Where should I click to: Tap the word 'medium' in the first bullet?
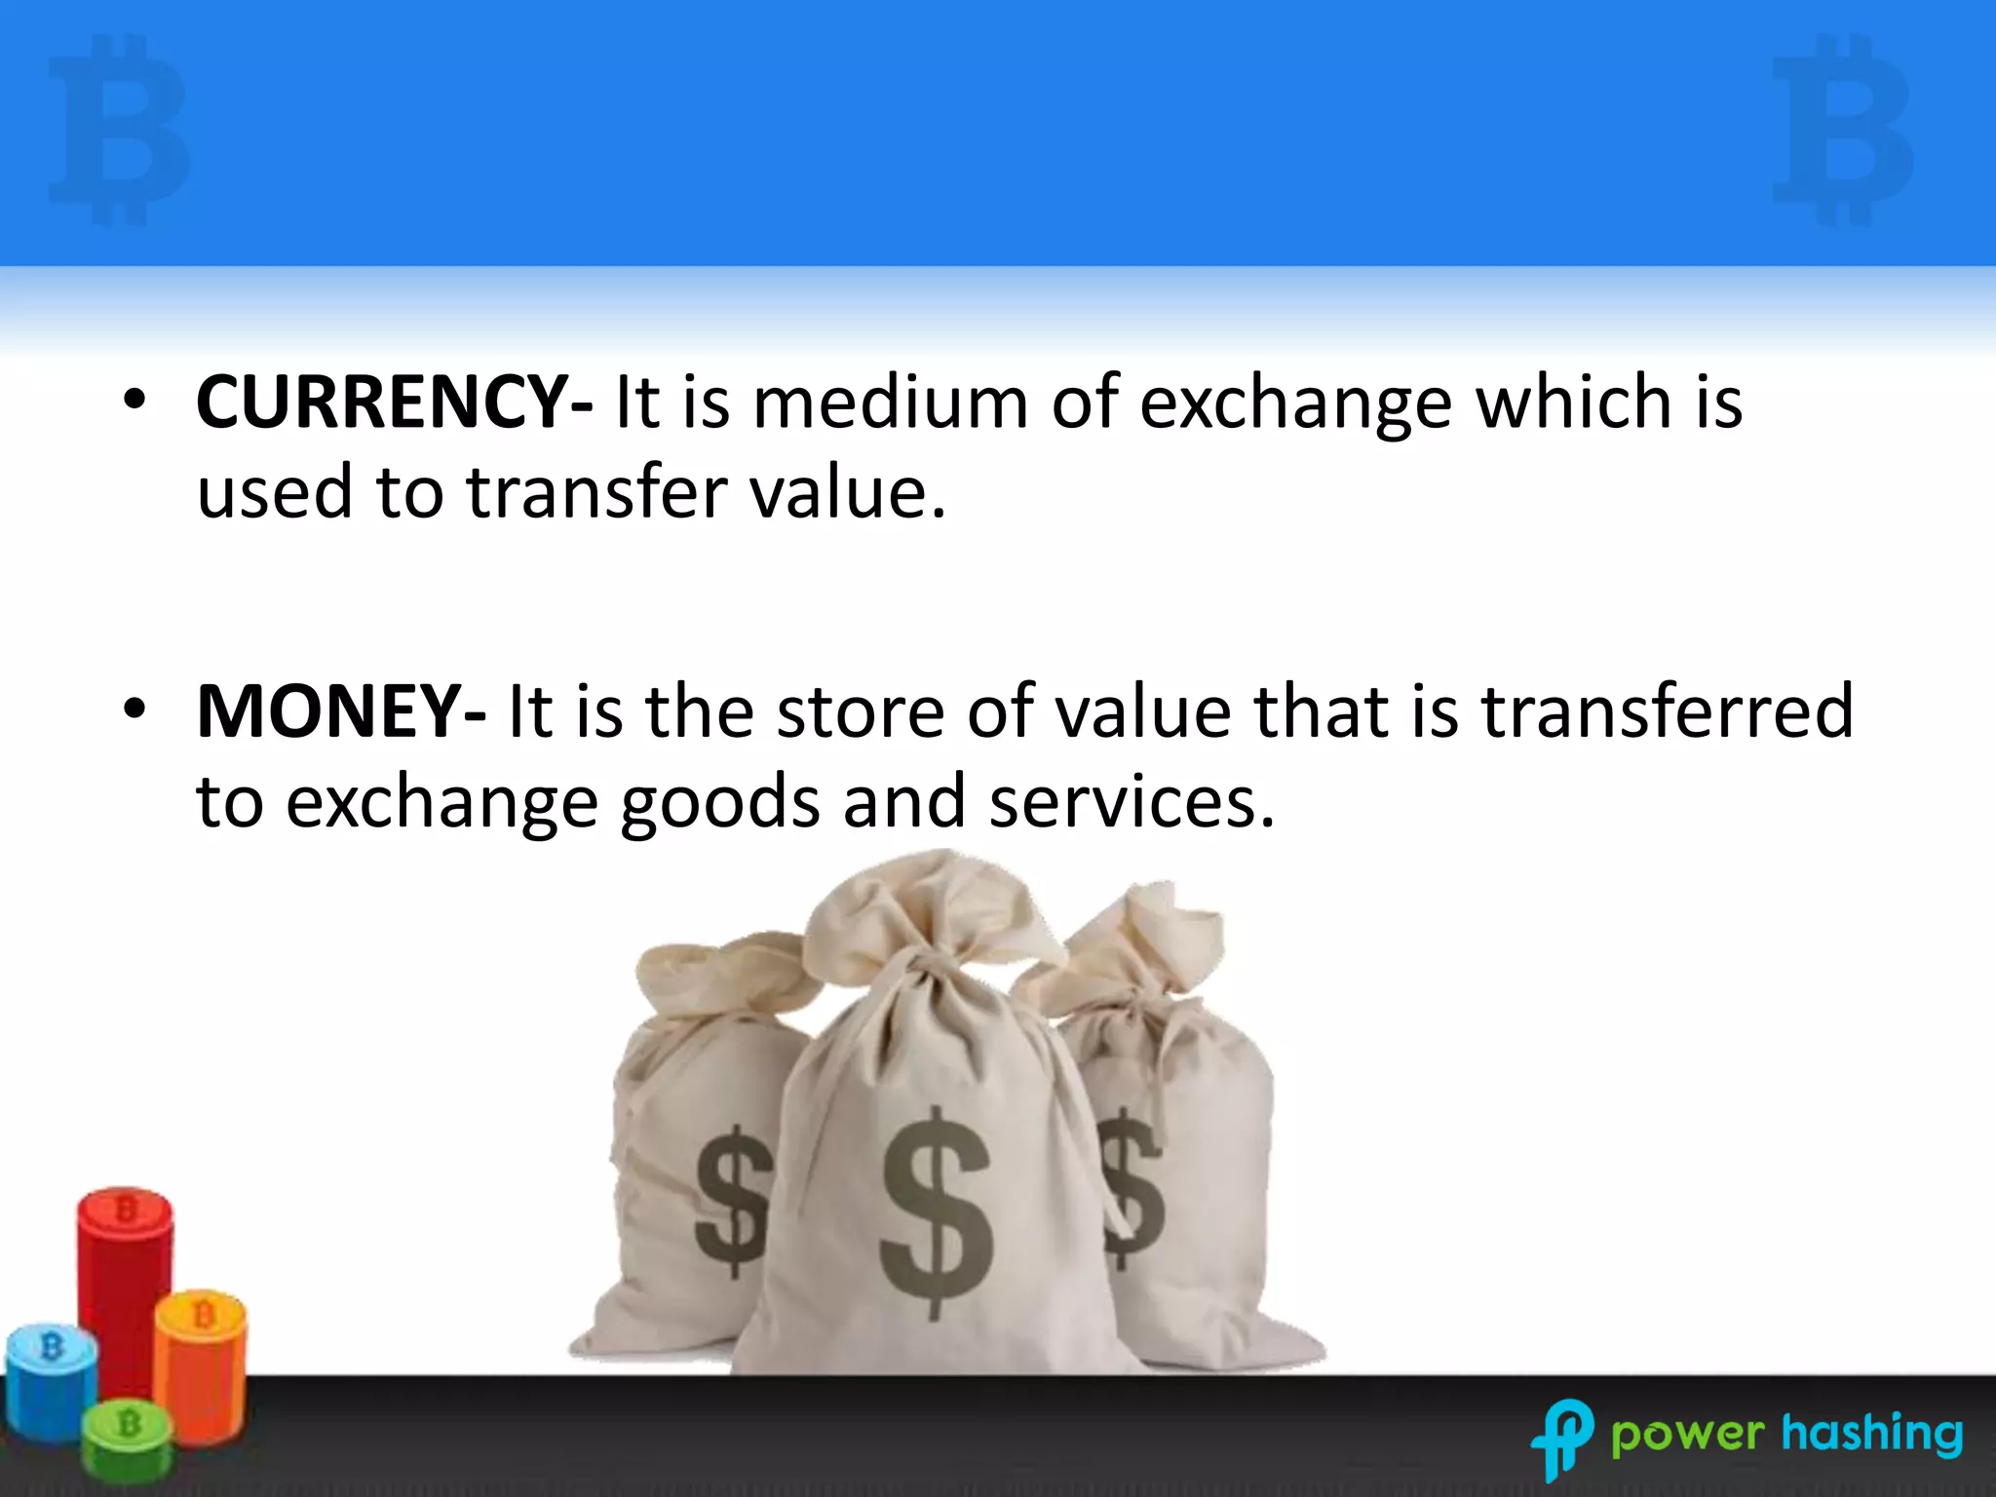[x=890, y=403]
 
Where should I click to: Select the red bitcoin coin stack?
[x=125, y=1286]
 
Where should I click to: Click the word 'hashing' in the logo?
[x=1872, y=1434]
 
